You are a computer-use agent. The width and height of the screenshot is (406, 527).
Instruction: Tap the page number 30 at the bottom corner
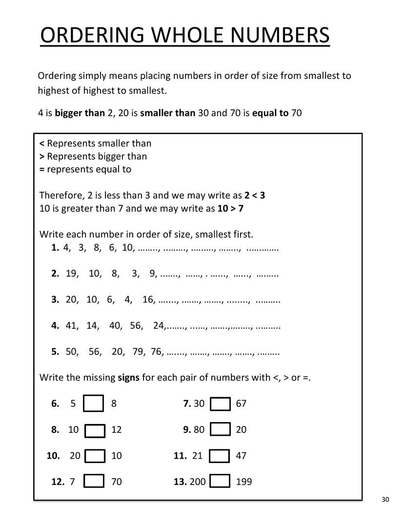pyautogui.click(x=386, y=499)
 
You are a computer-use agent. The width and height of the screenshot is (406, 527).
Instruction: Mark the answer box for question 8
pyautogui.click(x=95, y=430)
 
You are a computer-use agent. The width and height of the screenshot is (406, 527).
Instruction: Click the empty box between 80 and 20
pyautogui.click(x=220, y=429)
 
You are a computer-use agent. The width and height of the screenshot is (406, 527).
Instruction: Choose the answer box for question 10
pyautogui.click(x=95, y=456)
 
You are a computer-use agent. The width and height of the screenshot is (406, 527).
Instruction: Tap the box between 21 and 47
pyautogui.click(x=220, y=456)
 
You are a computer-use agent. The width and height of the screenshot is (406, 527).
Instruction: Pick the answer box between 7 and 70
pyautogui.click(x=93, y=482)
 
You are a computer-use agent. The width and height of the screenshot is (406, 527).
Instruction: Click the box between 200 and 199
pyautogui.click(x=220, y=482)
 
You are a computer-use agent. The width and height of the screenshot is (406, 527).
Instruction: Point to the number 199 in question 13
pyautogui.click(x=244, y=482)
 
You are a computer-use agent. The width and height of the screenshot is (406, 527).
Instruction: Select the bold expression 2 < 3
pyautogui.click(x=255, y=196)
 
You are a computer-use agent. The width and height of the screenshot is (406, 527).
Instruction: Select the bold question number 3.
pyautogui.click(x=55, y=300)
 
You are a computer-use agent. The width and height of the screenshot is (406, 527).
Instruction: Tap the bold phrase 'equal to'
pyautogui.click(x=270, y=113)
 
